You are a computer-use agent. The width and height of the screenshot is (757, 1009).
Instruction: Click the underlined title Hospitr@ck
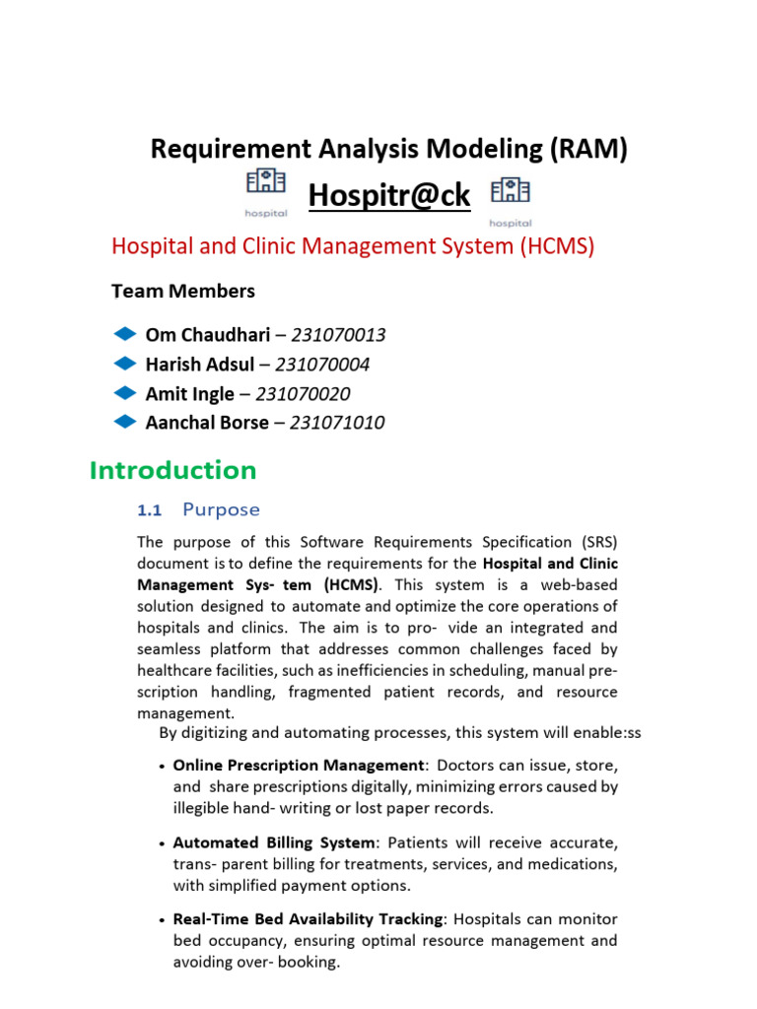coord(389,196)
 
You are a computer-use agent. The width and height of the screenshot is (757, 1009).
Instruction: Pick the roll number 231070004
coord(322,365)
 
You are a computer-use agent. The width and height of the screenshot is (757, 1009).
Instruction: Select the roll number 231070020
coord(303,394)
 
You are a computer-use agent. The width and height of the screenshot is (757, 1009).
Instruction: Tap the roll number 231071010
coord(336,423)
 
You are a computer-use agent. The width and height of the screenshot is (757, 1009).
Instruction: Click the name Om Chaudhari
coord(207,335)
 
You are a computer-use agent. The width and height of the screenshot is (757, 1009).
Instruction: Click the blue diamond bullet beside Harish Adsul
coord(125,364)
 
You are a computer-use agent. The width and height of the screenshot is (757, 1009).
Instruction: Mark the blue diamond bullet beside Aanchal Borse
coord(125,422)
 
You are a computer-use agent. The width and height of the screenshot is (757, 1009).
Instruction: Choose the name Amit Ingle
coord(190,394)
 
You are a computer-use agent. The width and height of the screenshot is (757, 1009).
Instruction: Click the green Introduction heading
coord(172,471)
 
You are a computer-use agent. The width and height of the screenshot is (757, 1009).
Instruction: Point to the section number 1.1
coord(149,510)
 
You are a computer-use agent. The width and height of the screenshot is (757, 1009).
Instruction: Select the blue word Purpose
coord(222,509)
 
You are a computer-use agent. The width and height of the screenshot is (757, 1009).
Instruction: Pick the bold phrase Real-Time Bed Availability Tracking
coord(308,918)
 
